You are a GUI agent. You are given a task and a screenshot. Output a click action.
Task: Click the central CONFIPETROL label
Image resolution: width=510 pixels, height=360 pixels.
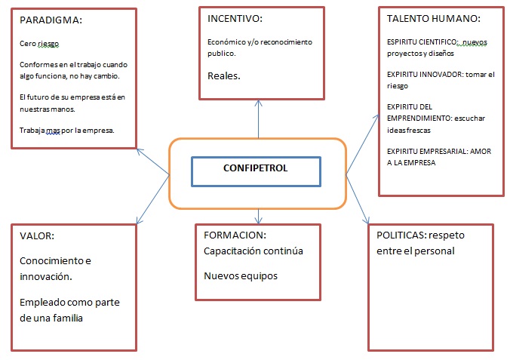(255, 168)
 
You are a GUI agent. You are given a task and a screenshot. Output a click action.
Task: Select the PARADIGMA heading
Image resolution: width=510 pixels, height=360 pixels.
(51, 20)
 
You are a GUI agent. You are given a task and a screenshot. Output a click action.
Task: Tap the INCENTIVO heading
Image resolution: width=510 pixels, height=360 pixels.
(235, 19)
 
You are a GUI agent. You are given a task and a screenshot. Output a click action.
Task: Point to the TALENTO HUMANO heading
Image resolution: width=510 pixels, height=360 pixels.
(434, 19)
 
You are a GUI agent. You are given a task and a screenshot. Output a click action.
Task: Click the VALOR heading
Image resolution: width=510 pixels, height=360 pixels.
(37, 235)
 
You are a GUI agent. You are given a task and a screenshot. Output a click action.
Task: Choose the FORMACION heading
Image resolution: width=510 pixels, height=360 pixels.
(235, 235)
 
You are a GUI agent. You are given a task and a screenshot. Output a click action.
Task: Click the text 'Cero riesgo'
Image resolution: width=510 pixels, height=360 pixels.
(39, 44)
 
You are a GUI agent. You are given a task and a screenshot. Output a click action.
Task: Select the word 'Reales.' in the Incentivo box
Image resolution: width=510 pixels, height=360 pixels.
(224, 75)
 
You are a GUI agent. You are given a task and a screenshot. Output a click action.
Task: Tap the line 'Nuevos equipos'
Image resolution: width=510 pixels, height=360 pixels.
(241, 276)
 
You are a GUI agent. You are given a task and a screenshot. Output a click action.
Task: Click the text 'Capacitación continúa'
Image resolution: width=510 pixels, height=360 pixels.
(253, 251)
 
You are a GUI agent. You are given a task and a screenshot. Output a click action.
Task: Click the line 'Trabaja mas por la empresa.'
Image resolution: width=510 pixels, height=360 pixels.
(67, 131)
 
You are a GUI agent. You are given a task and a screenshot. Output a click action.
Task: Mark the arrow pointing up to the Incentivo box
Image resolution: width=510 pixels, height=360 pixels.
(258, 119)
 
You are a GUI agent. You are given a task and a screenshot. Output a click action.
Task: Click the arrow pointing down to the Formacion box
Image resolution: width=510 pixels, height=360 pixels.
(258, 216)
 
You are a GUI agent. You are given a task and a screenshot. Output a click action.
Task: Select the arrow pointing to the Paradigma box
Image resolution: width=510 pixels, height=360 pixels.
(153, 162)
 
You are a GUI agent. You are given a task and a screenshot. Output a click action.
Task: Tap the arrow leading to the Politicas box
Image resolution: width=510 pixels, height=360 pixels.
(358, 199)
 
